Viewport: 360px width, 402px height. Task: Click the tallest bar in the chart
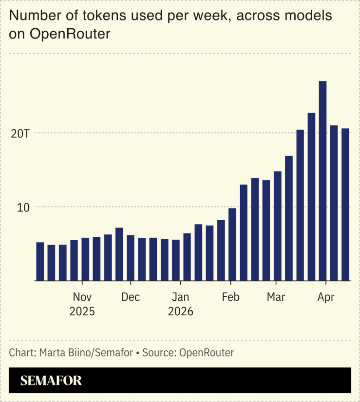[322, 180]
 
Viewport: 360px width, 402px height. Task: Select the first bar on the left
[40, 262]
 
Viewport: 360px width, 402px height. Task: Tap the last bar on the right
[345, 205]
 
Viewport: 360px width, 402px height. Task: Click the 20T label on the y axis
[20, 133]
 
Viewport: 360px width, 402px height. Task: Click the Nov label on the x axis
[82, 297]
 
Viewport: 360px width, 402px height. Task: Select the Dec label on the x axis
[131, 297]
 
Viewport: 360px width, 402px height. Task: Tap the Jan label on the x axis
[181, 297]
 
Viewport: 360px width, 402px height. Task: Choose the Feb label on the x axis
[230, 297]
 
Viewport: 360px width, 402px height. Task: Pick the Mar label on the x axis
[276, 297]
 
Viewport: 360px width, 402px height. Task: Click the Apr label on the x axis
[325, 297]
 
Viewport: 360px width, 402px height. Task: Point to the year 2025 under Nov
[82, 311]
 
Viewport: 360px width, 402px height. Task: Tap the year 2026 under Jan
[181, 311]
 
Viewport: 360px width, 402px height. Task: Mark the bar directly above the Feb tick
[232, 245]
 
